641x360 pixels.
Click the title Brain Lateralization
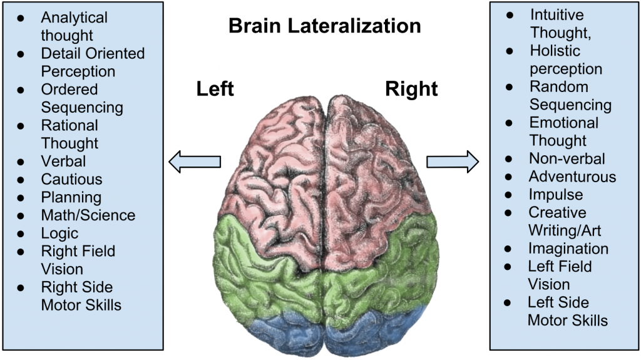[324, 26]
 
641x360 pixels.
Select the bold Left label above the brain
[215, 89]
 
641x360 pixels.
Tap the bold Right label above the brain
[411, 89]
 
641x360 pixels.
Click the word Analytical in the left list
[74, 18]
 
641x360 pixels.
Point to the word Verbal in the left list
[63, 162]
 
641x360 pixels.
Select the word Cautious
[71, 180]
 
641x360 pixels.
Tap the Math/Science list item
[88, 215]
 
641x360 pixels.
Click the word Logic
[59, 234]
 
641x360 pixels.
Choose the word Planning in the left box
[71, 198]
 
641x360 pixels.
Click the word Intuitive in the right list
[556, 14]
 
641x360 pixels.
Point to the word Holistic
[555, 51]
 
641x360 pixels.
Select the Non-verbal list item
[567, 159]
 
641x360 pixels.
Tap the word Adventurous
[572, 177]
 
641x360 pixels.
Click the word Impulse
[555, 195]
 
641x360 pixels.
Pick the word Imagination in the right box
[568, 249]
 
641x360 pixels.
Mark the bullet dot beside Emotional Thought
[510, 123]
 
